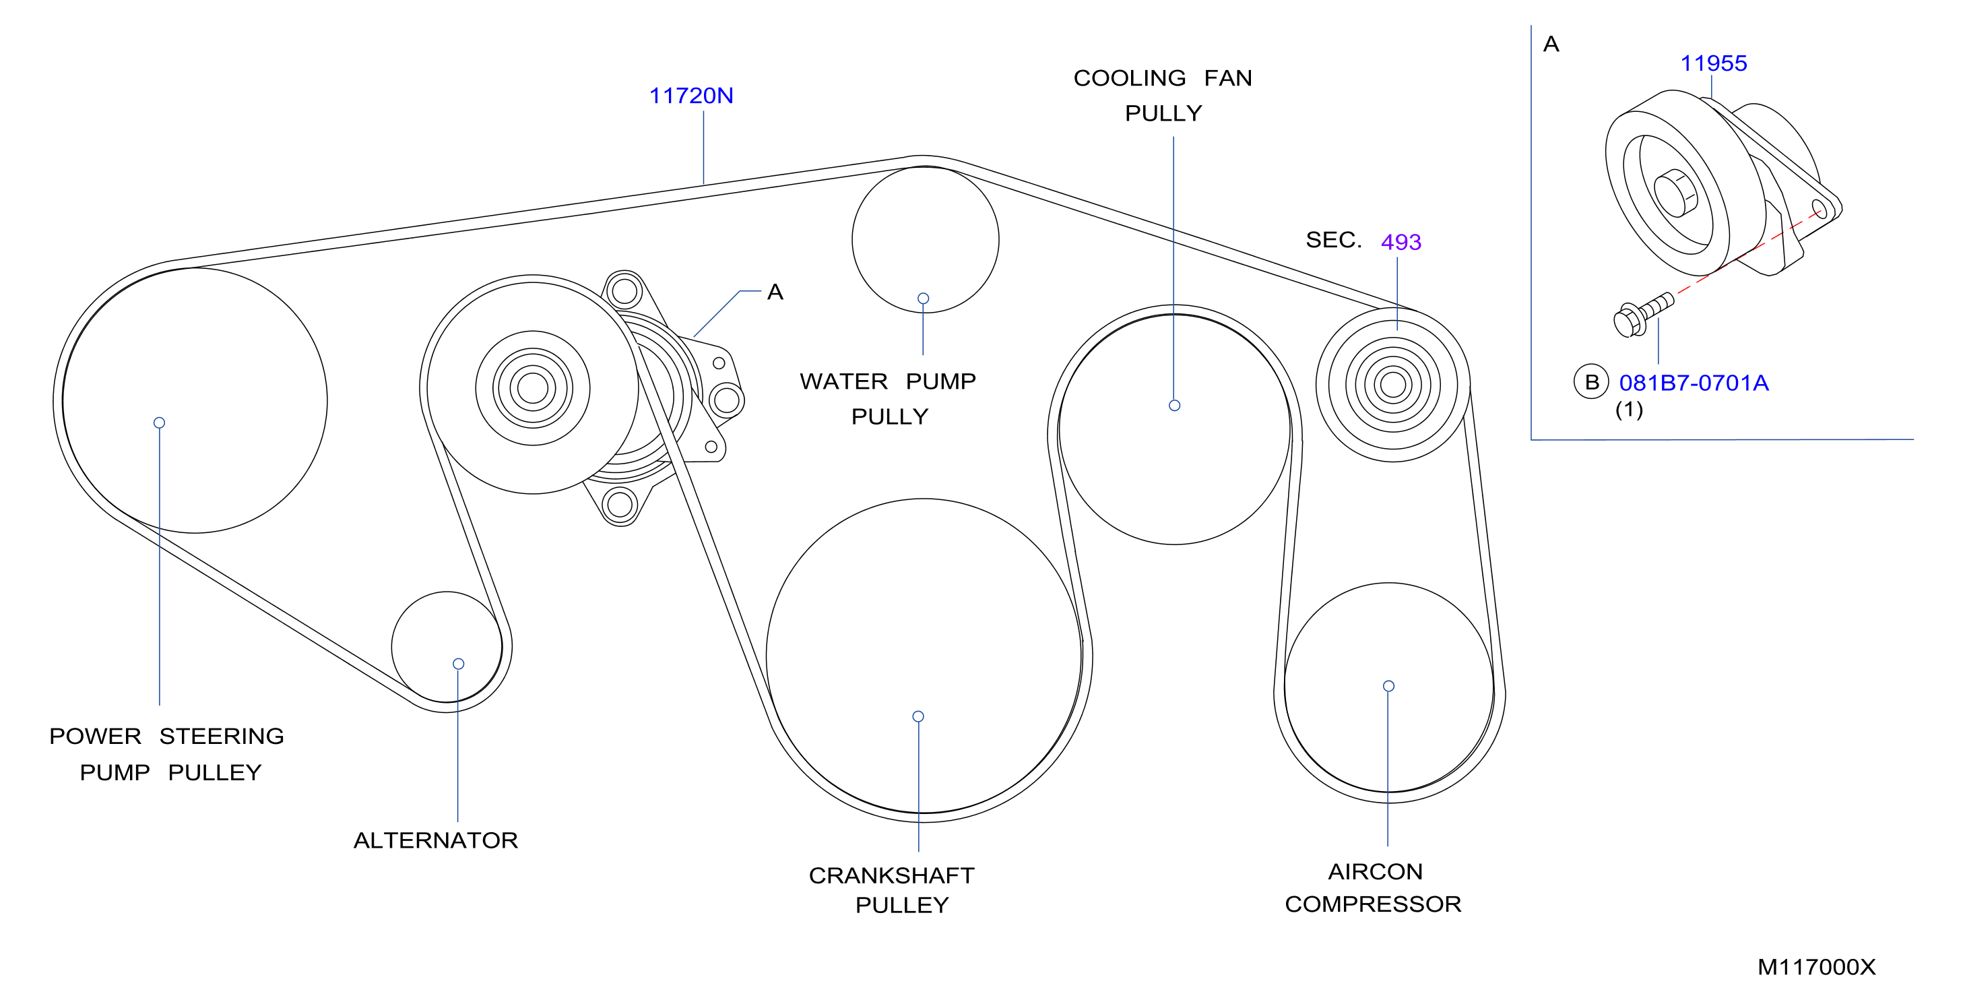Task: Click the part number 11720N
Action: [x=690, y=96]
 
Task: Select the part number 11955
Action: [x=1713, y=63]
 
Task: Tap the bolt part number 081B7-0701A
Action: [x=1694, y=383]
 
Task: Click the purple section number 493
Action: [x=1401, y=242]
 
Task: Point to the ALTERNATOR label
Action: [x=435, y=840]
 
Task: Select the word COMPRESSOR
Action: [x=1372, y=904]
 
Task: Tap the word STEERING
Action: [x=221, y=736]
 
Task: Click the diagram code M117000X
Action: [x=1816, y=967]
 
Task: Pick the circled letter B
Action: [x=1591, y=382]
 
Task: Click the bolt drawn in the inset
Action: [x=1643, y=315]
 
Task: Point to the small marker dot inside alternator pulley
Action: [x=458, y=664]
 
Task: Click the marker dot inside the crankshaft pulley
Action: [x=918, y=716]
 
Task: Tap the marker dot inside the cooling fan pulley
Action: [x=1174, y=406]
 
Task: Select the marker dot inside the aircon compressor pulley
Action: [x=1388, y=686]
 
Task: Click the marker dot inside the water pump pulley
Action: [x=923, y=299]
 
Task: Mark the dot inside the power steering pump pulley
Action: [x=159, y=423]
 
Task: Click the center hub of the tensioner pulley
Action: [x=533, y=388]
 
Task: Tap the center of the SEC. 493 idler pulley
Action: [x=1393, y=385]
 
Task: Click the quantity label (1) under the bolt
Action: [x=1630, y=410]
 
